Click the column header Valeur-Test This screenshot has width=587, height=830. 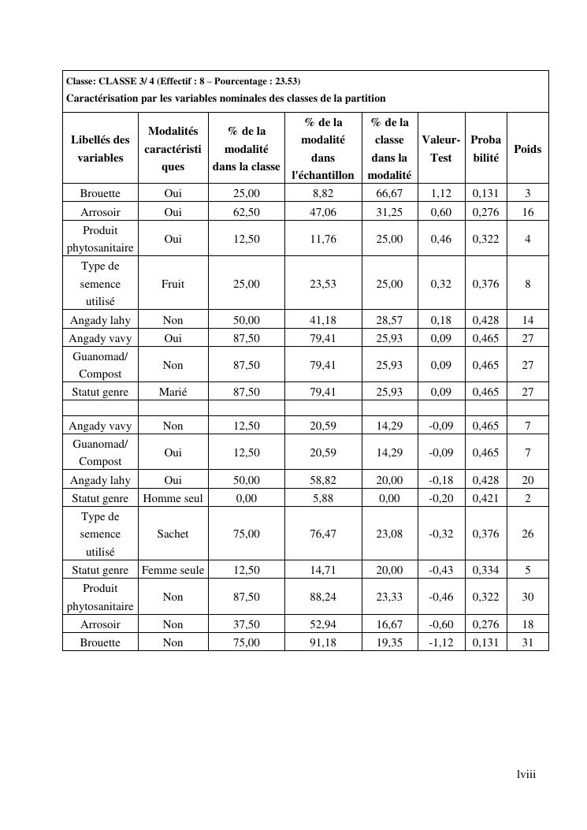(x=441, y=148)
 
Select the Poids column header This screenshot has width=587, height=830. (x=527, y=148)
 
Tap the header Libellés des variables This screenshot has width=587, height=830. (x=100, y=148)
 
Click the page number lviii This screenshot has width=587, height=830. (x=526, y=774)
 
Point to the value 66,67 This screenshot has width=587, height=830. (x=389, y=193)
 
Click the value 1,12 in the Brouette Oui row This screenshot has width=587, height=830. (x=441, y=193)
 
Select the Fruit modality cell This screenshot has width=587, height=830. (x=173, y=284)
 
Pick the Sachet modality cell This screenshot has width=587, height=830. (x=173, y=534)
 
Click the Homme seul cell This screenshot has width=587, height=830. (x=173, y=498)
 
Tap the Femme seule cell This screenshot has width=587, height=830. (x=173, y=570)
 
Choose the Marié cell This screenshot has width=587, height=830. (x=173, y=392)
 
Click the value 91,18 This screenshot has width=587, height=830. (x=323, y=642)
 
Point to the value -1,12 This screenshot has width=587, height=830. (x=441, y=642)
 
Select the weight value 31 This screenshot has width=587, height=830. (x=527, y=642)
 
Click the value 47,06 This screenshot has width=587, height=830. (x=323, y=212)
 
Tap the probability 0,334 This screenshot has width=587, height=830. (x=485, y=570)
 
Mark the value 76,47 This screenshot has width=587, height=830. (x=323, y=534)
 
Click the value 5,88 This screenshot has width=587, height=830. (x=323, y=498)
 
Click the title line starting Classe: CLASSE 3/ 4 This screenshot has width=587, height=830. (x=183, y=81)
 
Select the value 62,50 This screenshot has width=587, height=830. (x=246, y=212)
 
